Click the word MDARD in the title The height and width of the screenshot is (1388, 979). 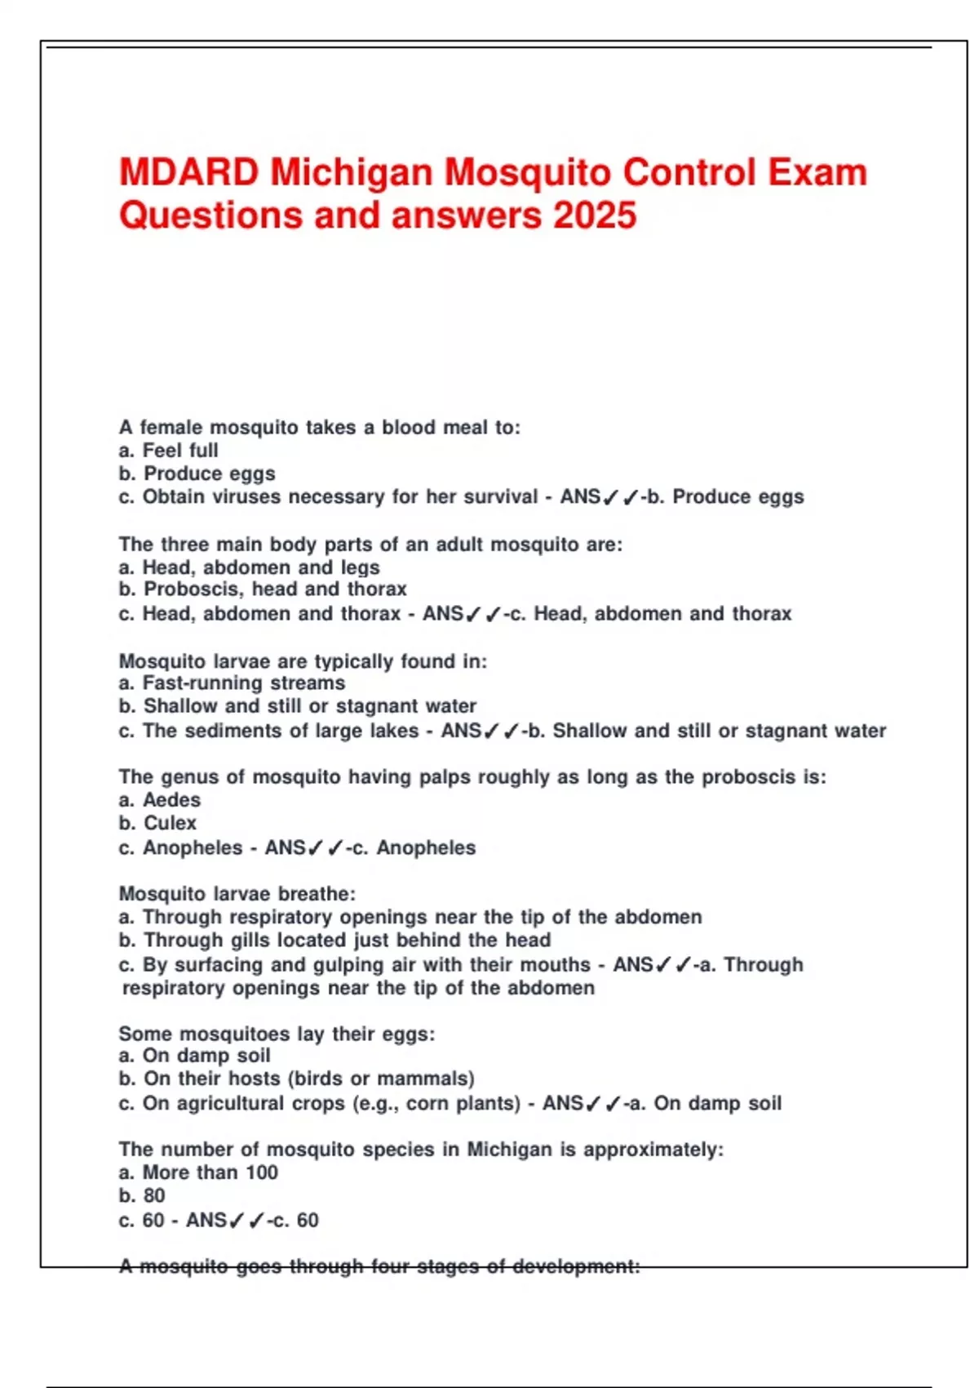coord(188,173)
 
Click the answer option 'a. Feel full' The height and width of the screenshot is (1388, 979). coord(168,451)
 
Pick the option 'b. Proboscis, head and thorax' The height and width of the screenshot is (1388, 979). coord(263,589)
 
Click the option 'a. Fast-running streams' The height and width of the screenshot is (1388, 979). coord(232,683)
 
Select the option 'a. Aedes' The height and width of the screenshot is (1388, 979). coord(160,800)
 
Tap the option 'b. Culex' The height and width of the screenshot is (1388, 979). coord(157,823)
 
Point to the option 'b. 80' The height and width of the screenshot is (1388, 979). coord(142,1196)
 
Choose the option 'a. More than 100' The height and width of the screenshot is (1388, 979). coord(198,1172)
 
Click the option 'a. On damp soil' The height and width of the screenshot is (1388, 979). coord(194,1056)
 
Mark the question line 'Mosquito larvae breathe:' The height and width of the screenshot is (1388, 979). coord(237,894)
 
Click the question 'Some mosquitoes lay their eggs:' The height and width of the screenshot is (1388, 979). coord(277,1034)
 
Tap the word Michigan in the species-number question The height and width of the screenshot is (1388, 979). coord(509,1150)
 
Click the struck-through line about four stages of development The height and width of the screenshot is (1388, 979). coord(379,1266)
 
